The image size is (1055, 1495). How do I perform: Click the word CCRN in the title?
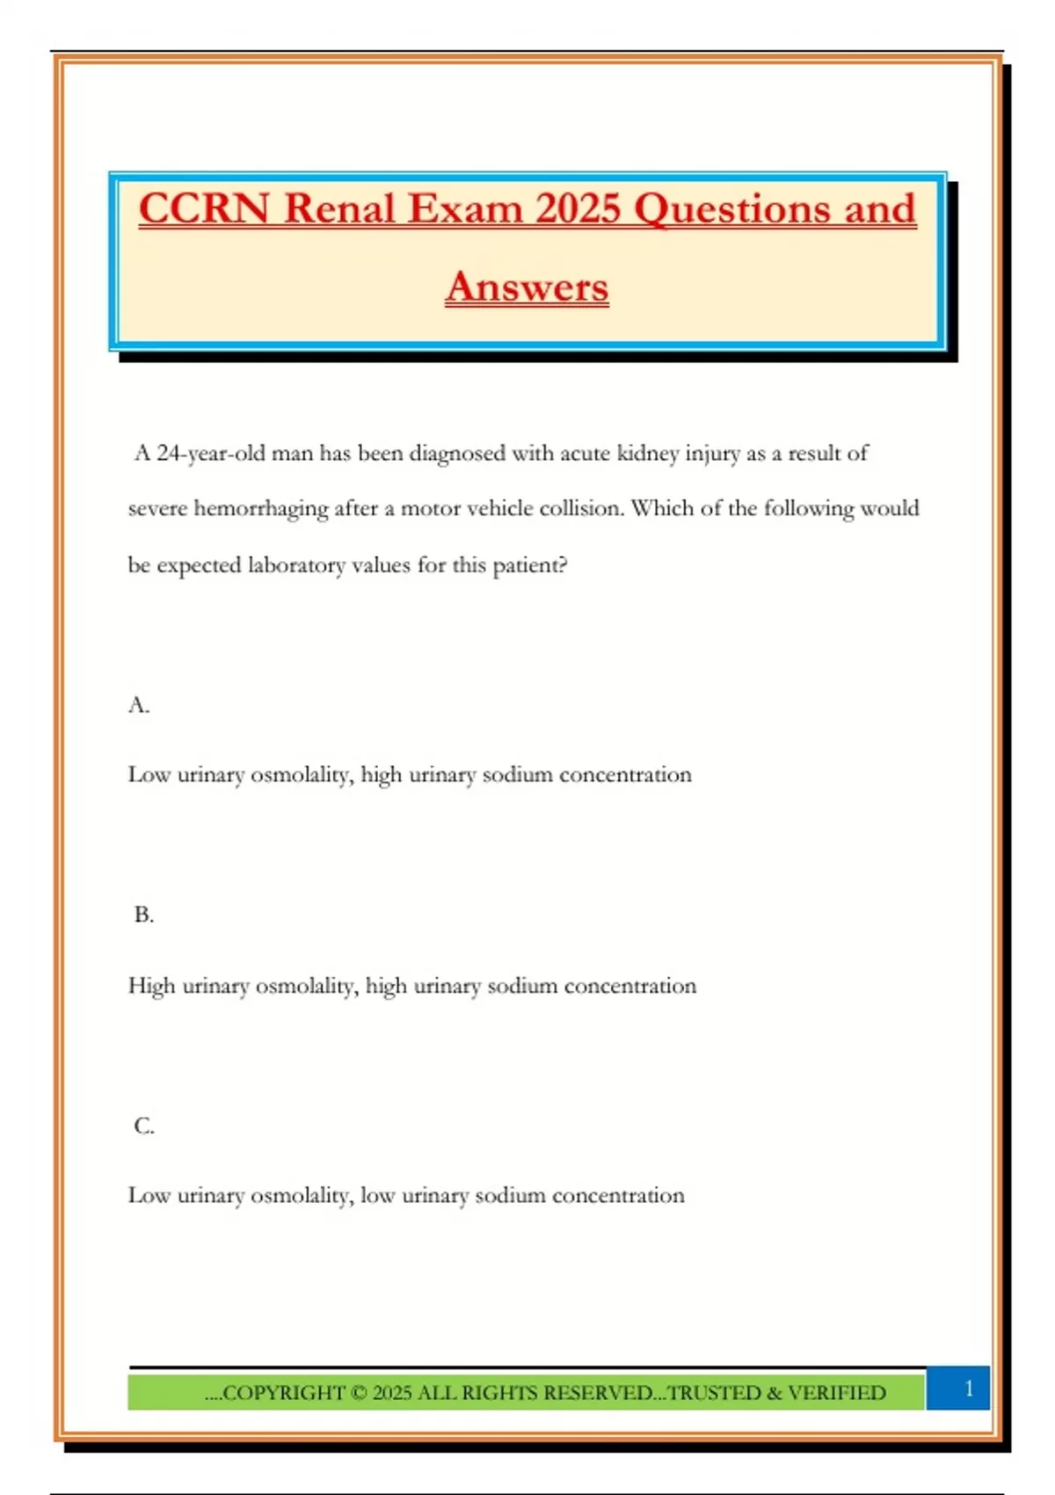[x=203, y=209]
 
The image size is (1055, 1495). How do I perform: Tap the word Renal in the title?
[x=339, y=209]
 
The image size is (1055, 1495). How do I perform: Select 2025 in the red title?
[x=578, y=209]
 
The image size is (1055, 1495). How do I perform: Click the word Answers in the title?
[x=527, y=288]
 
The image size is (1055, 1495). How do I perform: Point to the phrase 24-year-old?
[x=211, y=454]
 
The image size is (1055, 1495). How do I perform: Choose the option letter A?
[x=138, y=705]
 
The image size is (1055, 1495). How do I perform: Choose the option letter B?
[x=143, y=915]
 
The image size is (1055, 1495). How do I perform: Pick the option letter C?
[x=143, y=1126]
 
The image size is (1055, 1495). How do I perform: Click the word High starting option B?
[x=151, y=986]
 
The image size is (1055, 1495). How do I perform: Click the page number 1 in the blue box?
[x=969, y=1389]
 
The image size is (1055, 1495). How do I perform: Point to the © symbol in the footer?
[x=358, y=1393]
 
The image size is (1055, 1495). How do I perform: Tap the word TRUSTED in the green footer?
[x=713, y=1393]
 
